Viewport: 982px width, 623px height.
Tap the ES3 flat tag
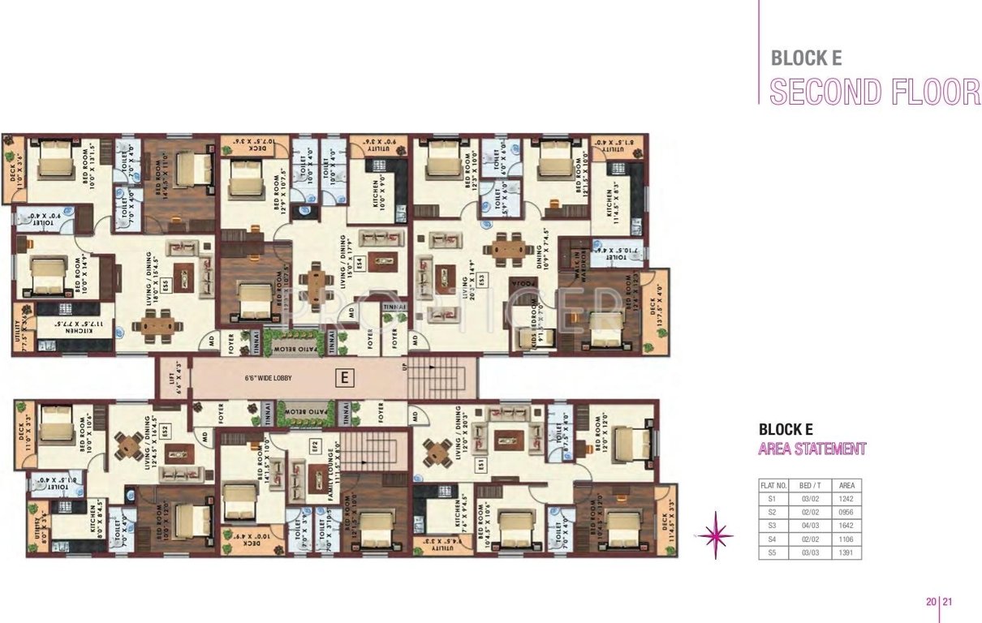point(481,278)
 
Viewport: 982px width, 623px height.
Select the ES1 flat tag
point(480,464)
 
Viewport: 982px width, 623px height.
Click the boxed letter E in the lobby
point(345,377)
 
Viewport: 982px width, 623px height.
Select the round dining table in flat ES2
point(129,445)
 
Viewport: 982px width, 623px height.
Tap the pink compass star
point(716,535)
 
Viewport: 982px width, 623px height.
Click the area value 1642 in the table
point(846,526)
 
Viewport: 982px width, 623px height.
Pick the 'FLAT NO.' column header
point(773,484)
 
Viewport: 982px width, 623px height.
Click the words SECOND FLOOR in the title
point(874,92)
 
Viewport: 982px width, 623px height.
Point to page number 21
point(947,602)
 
